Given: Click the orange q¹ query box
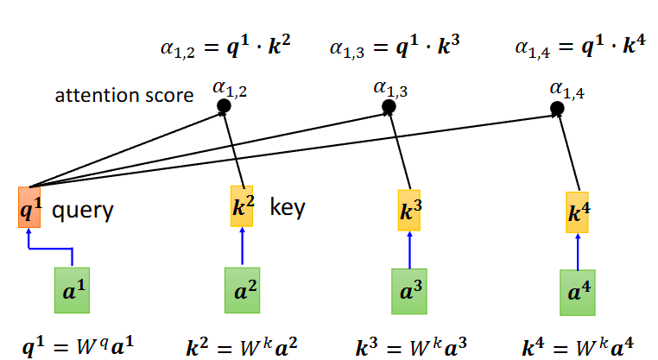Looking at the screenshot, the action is coord(29,207).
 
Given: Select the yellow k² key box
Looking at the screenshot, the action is coord(242,206).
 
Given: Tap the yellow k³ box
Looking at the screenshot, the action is coord(409,210).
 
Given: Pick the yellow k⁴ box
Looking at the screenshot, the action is coord(577,212).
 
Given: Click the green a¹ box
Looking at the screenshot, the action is coord(73,290).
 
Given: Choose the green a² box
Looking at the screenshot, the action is coord(242,290).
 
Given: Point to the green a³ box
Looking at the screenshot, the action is coord(409,292).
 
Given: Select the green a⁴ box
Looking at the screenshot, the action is coord(578,293).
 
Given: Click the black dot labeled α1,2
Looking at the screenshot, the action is coord(225,105).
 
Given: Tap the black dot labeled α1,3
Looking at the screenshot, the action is coord(389,106).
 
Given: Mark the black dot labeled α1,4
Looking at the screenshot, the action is coord(557,109).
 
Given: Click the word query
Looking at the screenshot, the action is coord(83,211).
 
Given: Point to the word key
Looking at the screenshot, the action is coord(288,207).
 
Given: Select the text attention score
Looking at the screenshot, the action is coord(124,95).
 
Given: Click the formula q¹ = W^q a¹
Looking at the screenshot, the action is coord(78,346).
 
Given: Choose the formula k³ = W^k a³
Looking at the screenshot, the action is coord(411,346).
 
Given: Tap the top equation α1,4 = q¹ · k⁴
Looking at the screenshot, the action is coord(580,45).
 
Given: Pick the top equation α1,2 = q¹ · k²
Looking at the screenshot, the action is coord(225,45).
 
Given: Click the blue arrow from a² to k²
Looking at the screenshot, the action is coord(242,246).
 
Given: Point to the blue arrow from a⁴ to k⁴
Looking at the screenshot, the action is coord(578,252).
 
